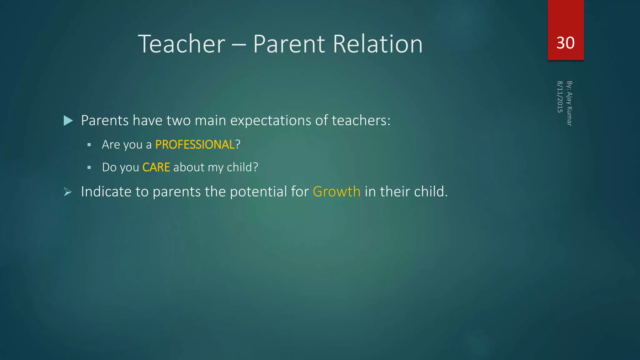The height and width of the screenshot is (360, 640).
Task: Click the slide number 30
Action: pos(565,43)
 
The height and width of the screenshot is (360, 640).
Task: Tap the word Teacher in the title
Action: pos(181,44)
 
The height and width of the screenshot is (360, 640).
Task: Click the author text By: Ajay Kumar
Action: pos(569,103)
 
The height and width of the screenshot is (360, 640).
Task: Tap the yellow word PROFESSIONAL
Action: pos(195,145)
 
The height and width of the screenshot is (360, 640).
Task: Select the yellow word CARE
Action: pos(156,167)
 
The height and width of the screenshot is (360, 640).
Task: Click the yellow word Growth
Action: pos(337,192)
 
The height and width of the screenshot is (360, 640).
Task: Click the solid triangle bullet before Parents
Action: pos(68,121)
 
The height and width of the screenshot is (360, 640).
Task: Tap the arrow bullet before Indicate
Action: pos(68,192)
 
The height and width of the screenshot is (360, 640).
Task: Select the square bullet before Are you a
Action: pos(89,145)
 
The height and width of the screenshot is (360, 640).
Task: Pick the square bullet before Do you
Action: pos(89,167)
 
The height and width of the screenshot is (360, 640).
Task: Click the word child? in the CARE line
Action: pos(242,167)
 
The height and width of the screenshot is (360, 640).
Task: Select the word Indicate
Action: pos(106,192)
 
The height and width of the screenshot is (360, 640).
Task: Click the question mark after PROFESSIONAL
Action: pos(238,145)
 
